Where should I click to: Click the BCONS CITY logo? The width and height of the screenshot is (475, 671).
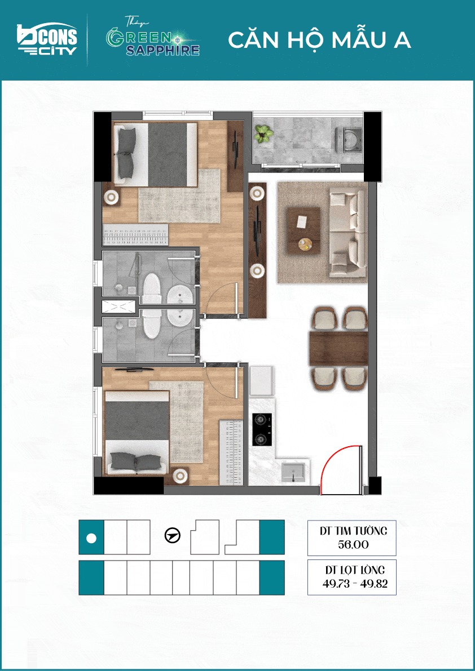(47, 40)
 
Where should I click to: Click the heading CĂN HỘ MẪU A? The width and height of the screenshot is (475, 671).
(319, 40)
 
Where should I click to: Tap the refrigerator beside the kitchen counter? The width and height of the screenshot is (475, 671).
(261, 381)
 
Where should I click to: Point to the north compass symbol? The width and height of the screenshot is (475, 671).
(173, 535)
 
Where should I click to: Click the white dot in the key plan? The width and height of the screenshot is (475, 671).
(91, 538)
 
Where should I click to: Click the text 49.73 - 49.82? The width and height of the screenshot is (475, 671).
(355, 584)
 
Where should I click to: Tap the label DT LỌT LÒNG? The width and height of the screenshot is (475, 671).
(355, 570)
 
